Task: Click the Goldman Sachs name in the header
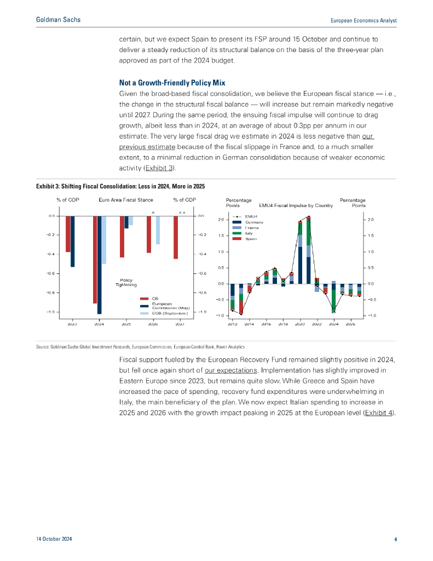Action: (58, 20)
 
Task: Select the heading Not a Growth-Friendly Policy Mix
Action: (172, 83)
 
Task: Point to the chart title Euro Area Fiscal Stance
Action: (126, 200)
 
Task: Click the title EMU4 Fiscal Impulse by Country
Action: (296, 205)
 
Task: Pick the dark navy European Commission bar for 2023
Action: (72, 242)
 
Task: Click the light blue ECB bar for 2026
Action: (158, 230)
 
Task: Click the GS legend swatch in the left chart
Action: (145, 299)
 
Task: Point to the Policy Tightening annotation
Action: (126, 283)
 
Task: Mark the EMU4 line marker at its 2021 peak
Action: (309, 218)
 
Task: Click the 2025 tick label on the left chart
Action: (126, 324)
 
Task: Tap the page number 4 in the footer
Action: (395, 540)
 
